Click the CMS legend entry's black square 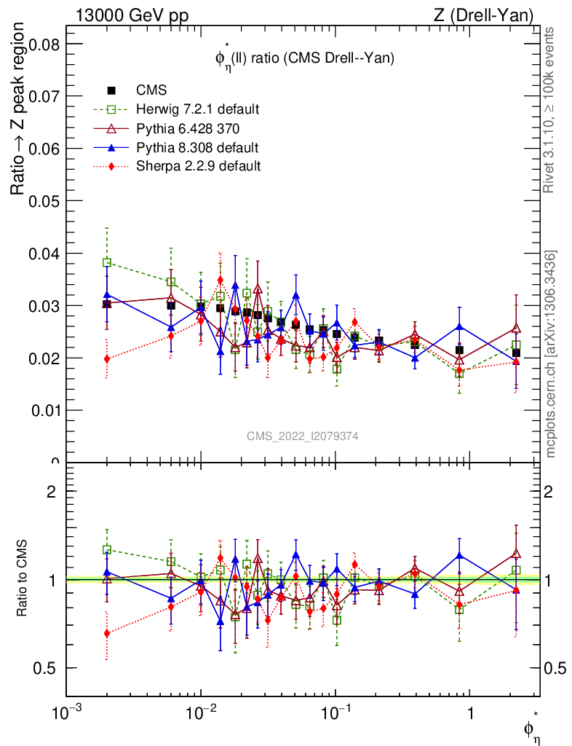[112, 90]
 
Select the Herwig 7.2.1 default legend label [197, 109]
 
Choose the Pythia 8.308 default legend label [196, 147]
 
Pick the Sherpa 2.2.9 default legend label [199, 166]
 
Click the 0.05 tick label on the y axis [43, 200]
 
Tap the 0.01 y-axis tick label [43, 409]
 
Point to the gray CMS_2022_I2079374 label [303, 436]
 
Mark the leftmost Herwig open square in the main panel [107, 262]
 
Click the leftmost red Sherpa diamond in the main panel [107, 358]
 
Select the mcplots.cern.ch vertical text [552, 355]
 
